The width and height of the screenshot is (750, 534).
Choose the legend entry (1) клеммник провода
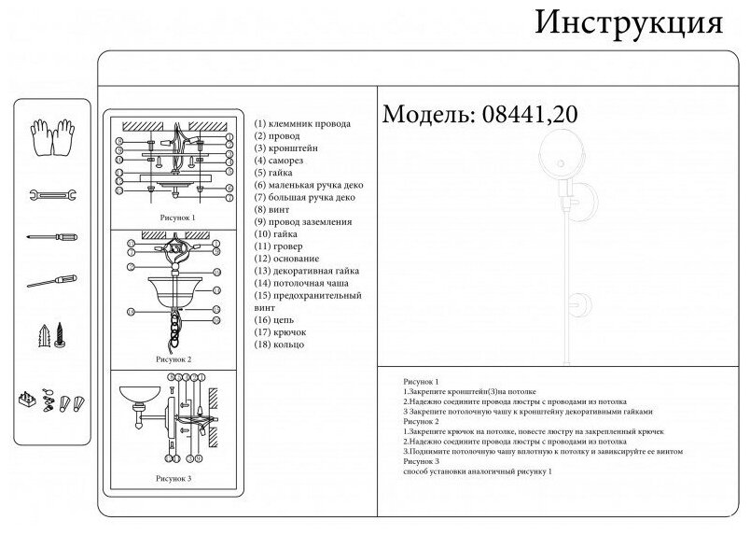303,124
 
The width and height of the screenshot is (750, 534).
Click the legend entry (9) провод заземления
303,222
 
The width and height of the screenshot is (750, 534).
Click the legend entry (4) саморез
286,161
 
